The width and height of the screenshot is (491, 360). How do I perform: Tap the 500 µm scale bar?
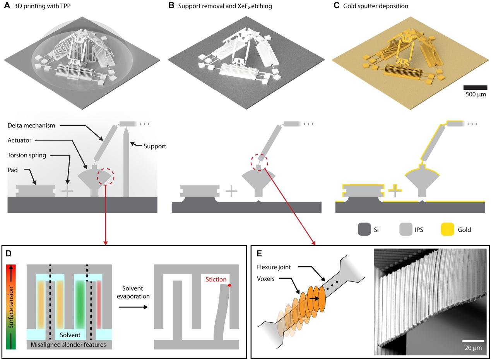pos(475,87)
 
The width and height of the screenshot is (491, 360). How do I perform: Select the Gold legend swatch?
pos(447,230)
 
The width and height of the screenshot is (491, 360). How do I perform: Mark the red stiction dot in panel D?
pos(229,285)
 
